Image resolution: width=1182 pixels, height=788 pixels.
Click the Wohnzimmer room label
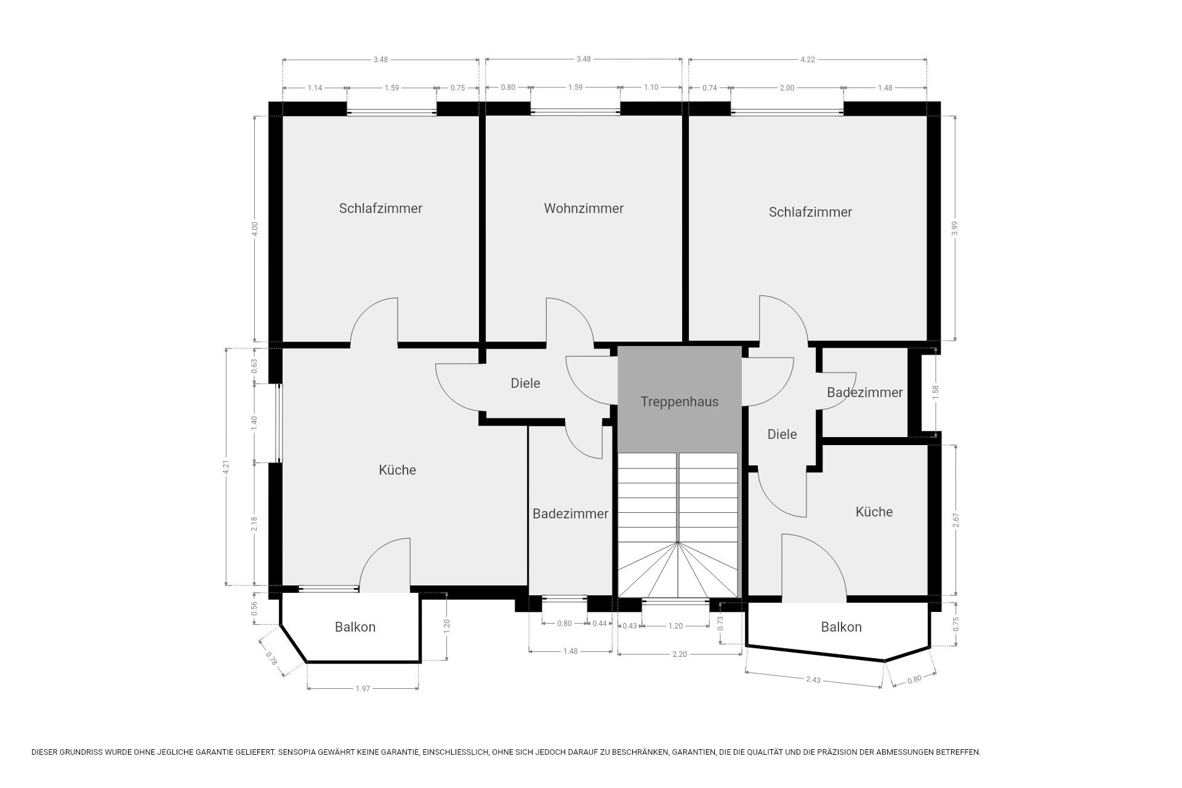[584, 208]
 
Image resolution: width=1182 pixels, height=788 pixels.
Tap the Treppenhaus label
[679, 402]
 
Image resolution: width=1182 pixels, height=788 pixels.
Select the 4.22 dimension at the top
[807, 60]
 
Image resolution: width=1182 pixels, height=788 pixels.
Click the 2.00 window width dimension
[787, 88]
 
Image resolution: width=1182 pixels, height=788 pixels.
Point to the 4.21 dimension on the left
[227, 467]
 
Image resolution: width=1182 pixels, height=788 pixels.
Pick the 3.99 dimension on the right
[955, 228]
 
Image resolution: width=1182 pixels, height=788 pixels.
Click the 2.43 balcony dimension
[813, 680]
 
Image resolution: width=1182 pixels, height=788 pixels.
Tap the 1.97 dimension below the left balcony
[363, 688]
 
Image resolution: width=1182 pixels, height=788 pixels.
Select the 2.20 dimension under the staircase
[679, 654]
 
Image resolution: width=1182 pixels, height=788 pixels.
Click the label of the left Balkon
[355, 627]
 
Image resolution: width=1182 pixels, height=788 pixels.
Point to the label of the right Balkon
[841, 627]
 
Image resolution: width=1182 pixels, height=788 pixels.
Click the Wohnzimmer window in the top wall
[575, 111]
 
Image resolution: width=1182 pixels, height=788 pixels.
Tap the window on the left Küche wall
[279, 423]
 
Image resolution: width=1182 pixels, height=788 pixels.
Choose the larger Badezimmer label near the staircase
[570, 513]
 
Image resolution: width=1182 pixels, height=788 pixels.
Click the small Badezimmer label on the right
[864, 393]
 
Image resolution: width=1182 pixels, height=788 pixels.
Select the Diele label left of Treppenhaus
[525, 384]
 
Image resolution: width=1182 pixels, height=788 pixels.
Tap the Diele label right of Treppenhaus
[782, 435]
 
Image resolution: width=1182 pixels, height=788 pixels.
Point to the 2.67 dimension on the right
[955, 520]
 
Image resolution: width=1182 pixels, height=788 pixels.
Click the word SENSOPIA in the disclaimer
[299, 752]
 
